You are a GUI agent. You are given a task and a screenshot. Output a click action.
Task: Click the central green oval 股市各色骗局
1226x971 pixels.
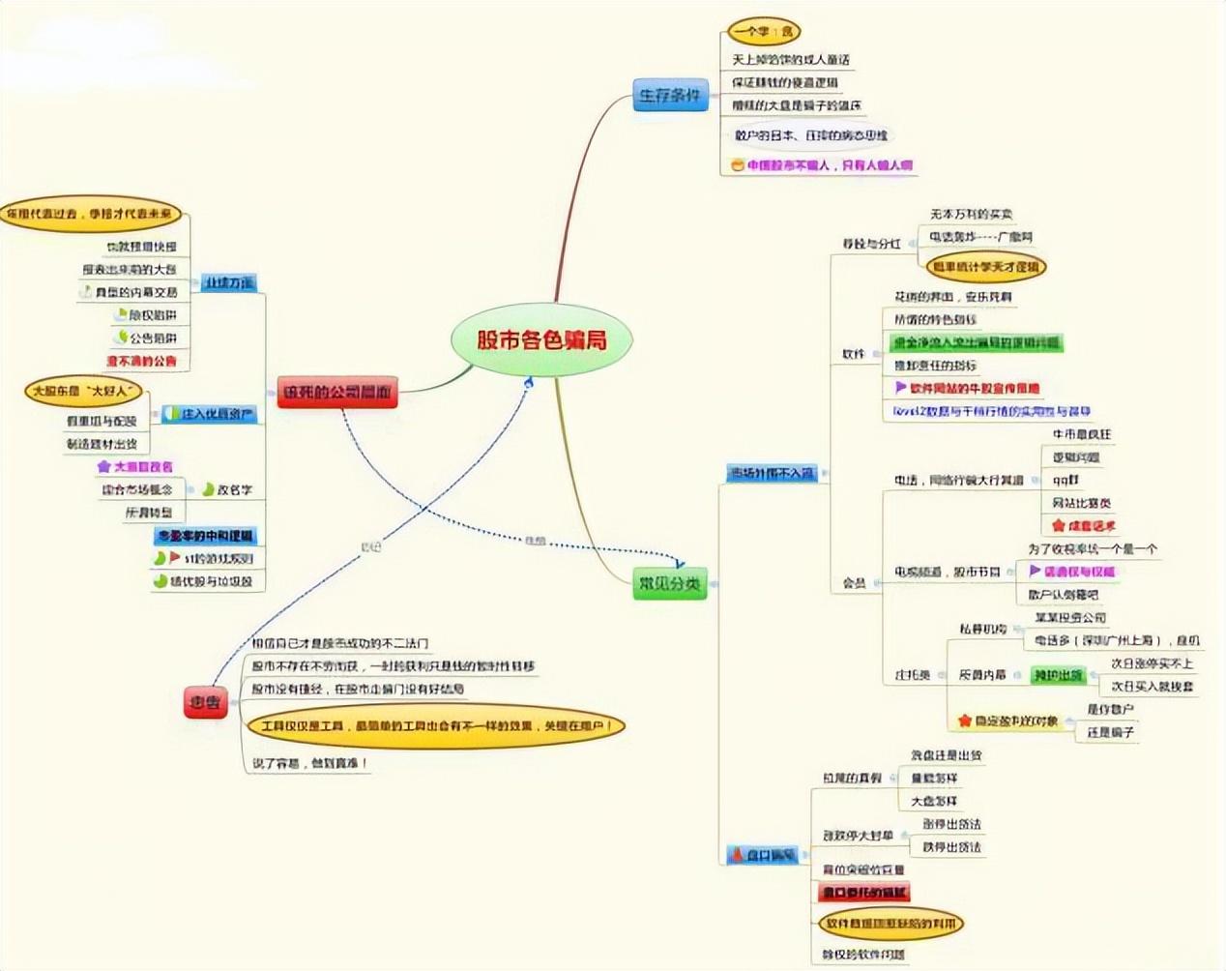tap(541, 339)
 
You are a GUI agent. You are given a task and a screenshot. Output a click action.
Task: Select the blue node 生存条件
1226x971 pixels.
tap(670, 96)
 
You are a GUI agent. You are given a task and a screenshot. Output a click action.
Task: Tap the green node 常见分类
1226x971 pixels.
tap(669, 583)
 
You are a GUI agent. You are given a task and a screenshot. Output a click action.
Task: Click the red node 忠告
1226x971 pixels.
tap(205, 703)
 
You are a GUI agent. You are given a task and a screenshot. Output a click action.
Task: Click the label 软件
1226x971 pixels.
tap(854, 354)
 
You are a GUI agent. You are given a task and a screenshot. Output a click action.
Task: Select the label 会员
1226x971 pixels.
tap(854, 583)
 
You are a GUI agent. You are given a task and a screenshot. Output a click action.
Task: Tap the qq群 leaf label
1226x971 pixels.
tap(1065, 480)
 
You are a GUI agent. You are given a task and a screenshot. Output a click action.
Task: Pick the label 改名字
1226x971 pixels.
tap(234, 490)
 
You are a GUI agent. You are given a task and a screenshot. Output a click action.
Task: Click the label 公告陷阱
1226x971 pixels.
tap(153, 338)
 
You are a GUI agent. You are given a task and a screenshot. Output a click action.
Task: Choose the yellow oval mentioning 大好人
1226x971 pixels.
tap(83, 392)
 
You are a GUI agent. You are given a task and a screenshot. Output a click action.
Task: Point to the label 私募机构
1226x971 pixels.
tap(982, 630)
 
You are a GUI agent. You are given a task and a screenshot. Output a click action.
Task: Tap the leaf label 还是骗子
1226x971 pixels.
tap(1109, 733)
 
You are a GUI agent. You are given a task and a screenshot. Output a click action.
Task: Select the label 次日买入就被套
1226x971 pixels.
tap(1152, 687)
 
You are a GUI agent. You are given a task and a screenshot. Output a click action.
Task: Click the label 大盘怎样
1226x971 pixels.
tap(934, 802)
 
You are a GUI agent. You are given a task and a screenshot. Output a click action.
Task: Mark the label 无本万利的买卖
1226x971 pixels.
tap(971, 214)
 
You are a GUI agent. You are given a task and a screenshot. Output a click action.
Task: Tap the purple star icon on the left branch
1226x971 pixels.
tap(103, 467)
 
